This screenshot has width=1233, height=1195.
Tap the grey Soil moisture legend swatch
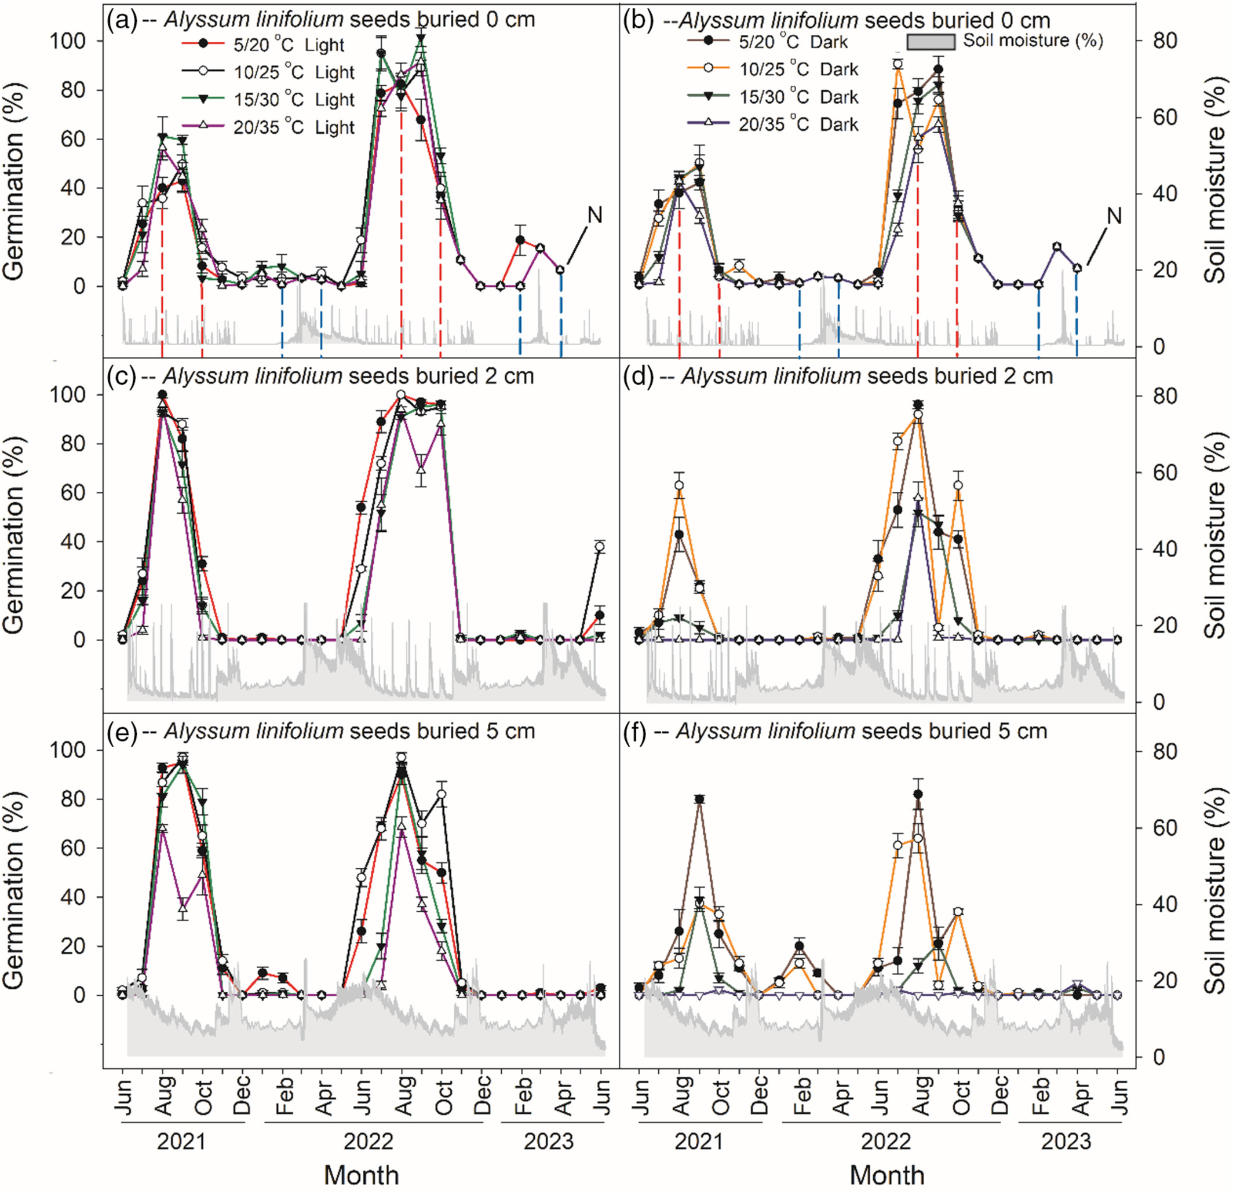click(931, 41)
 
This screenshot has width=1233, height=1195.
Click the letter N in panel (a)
click(594, 215)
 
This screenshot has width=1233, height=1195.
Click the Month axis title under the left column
click(361, 1175)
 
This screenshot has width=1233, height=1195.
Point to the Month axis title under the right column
click(887, 1175)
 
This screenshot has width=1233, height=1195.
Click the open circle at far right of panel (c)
click(600, 547)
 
